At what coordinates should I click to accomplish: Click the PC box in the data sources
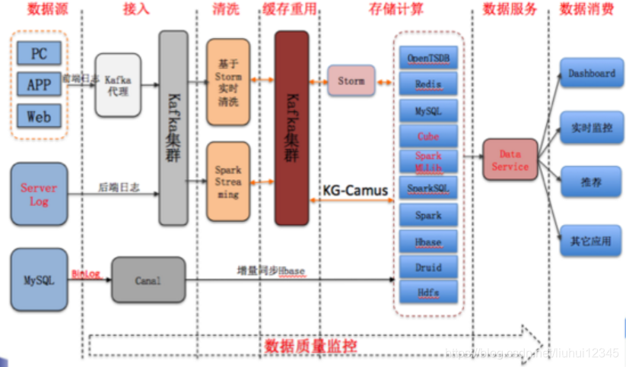[x=39, y=53]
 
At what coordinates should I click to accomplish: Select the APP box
[x=39, y=84]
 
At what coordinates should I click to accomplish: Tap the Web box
[x=39, y=115]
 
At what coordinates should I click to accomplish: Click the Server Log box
[x=39, y=194]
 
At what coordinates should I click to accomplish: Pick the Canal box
[x=148, y=280]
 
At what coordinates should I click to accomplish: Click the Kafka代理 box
[x=118, y=84]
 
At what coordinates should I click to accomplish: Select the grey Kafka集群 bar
[x=173, y=128]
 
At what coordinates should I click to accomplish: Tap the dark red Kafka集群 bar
[x=291, y=128]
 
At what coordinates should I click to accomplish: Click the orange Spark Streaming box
[x=228, y=182]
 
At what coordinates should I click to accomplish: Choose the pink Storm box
[x=351, y=81]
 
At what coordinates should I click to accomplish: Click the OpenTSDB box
[x=428, y=58]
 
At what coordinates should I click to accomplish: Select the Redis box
[x=428, y=84]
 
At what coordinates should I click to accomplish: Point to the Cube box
[x=428, y=137]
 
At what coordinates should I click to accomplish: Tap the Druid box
[x=428, y=267]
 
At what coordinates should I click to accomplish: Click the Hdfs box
[x=428, y=292]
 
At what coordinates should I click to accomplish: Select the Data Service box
[x=510, y=160]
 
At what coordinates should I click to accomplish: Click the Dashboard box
[x=591, y=74]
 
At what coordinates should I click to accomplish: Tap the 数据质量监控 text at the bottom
[x=310, y=346]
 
